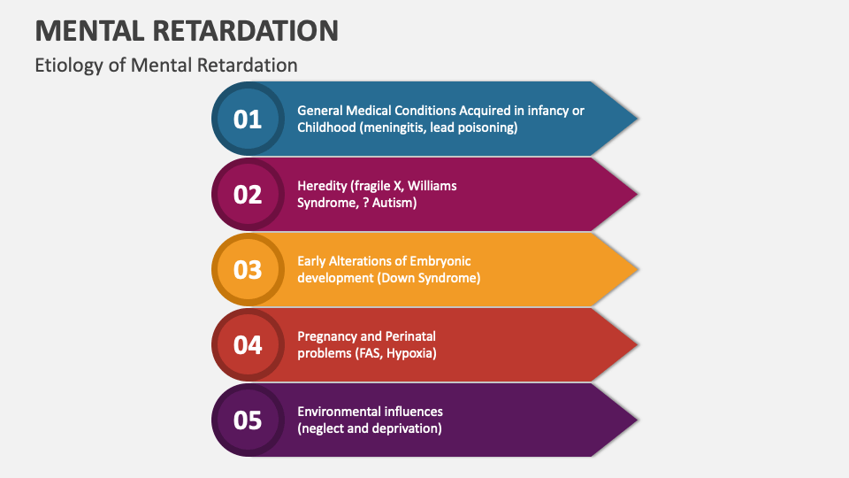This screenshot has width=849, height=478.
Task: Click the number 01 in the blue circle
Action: [x=248, y=119]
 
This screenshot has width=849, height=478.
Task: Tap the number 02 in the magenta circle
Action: [x=248, y=195]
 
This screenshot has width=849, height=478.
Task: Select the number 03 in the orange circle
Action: [x=248, y=270]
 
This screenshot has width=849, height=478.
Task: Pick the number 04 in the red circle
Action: [x=248, y=345]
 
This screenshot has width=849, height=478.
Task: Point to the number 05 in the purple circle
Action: [x=248, y=420]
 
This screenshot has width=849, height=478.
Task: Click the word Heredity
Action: [x=322, y=187]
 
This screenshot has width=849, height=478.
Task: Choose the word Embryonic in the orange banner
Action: [x=440, y=261]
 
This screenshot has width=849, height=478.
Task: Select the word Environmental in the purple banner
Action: [x=332, y=412]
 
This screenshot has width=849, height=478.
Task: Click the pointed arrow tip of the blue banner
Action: [x=638, y=118]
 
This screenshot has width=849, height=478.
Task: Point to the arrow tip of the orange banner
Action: [x=638, y=269]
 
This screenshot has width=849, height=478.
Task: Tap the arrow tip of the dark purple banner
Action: [x=638, y=420]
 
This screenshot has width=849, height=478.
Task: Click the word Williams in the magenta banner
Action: [x=432, y=186]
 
